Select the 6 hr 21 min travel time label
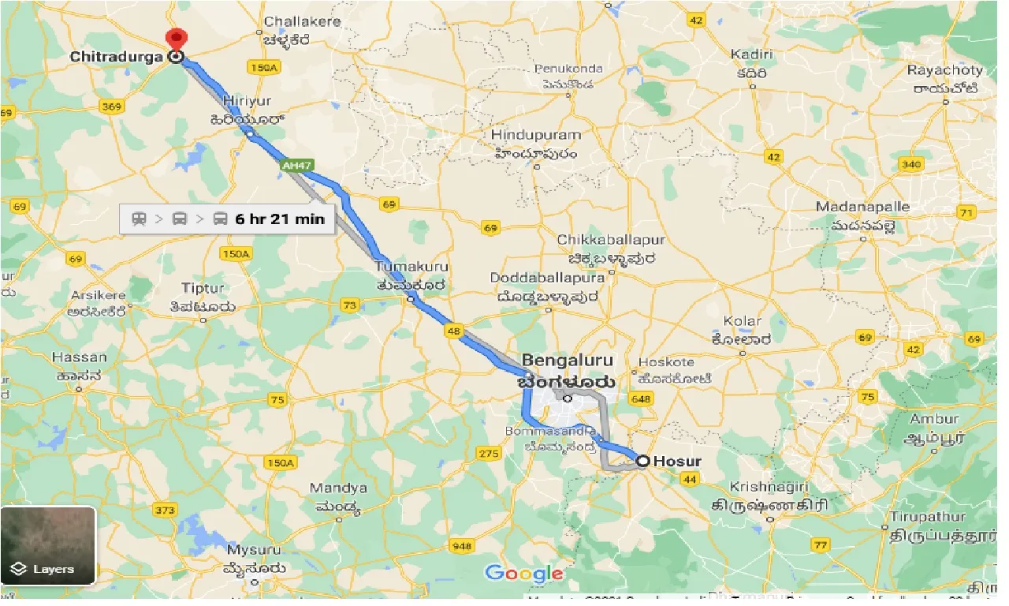(x=279, y=219)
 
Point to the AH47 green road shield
(x=291, y=165)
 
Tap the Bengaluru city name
(x=566, y=361)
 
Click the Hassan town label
(x=79, y=357)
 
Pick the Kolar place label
(x=743, y=321)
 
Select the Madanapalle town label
(x=862, y=207)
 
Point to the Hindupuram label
(x=535, y=136)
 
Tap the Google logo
(x=523, y=574)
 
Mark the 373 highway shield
(x=165, y=511)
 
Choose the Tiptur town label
(x=202, y=289)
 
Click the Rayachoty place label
(x=945, y=71)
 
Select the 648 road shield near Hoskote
(x=642, y=400)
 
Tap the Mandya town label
(x=338, y=488)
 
